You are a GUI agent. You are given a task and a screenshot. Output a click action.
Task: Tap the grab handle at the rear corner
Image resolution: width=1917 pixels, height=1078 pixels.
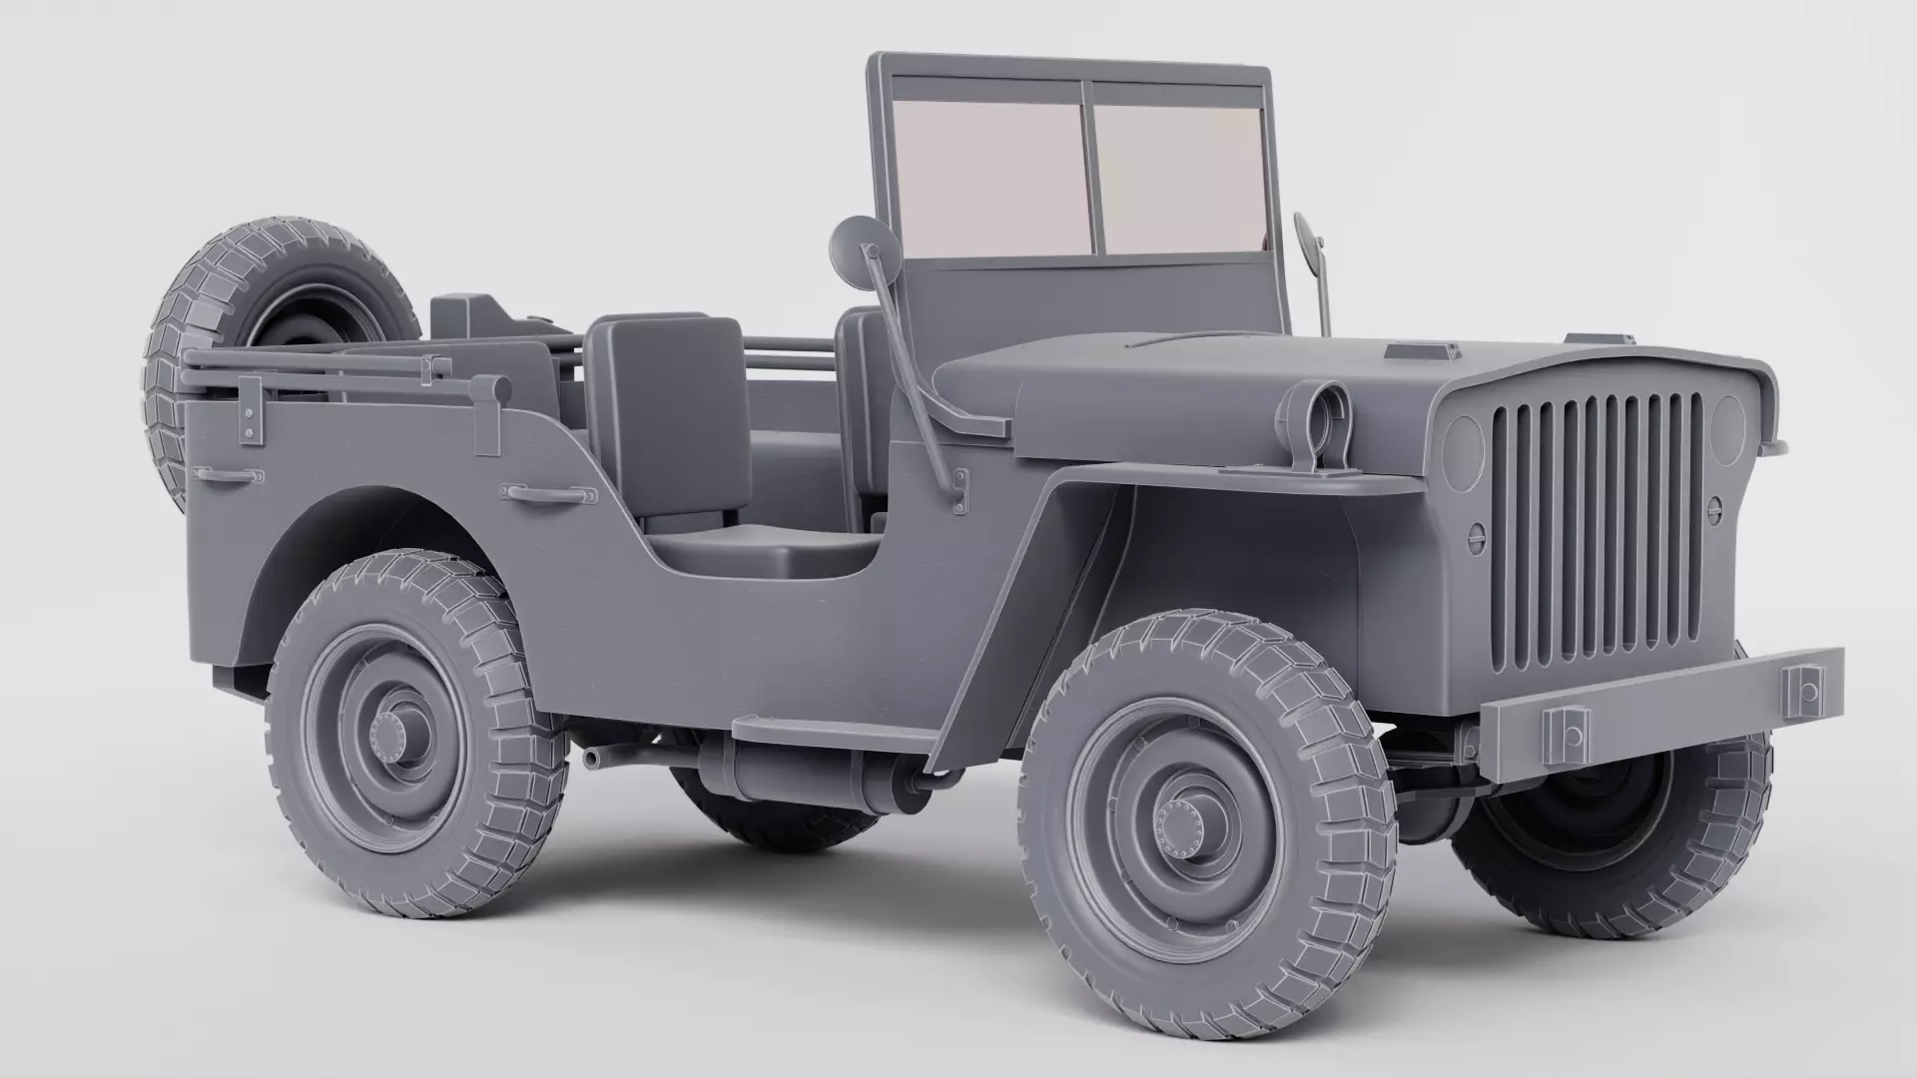(x=230, y=476)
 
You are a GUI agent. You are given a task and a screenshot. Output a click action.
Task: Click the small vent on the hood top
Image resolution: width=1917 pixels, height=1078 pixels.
(x=1418, y=351)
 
